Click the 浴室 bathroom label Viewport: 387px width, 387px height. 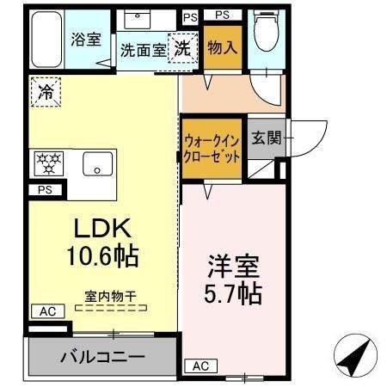pos(85,40)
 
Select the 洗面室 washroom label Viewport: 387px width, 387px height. pos(143,50)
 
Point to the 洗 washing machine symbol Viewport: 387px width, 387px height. pos(183,48)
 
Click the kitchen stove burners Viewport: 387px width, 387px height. pos(46,162)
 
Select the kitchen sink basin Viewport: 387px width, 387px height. pos(98,162)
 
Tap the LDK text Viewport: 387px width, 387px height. pos(101,229)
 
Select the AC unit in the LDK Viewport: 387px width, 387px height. pos(47,310)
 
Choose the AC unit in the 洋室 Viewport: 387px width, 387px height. pos(200,365)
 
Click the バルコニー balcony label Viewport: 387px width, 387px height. pos(101,356)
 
